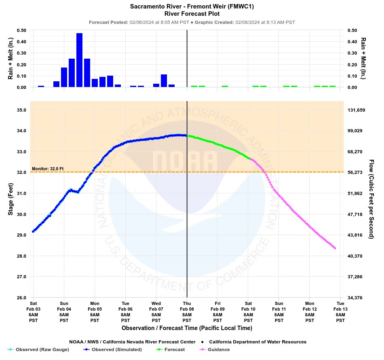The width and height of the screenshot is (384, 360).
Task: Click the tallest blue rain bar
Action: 79,60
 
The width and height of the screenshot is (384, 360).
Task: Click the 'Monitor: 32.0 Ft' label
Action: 48,168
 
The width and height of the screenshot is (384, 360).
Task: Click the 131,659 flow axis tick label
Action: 357,110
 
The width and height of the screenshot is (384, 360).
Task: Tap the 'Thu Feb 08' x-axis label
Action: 187,311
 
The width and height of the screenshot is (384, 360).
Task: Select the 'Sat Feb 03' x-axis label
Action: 33,311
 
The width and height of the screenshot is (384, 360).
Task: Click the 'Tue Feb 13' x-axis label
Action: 340,311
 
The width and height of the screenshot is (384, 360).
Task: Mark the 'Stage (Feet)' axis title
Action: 11,199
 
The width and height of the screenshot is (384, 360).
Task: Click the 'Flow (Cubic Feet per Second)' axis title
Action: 371,199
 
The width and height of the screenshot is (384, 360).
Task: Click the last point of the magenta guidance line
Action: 335,248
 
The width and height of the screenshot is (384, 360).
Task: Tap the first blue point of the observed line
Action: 33,231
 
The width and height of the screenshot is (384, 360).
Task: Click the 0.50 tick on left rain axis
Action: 21,30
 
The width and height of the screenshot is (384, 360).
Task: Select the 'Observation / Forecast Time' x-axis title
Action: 187,328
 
